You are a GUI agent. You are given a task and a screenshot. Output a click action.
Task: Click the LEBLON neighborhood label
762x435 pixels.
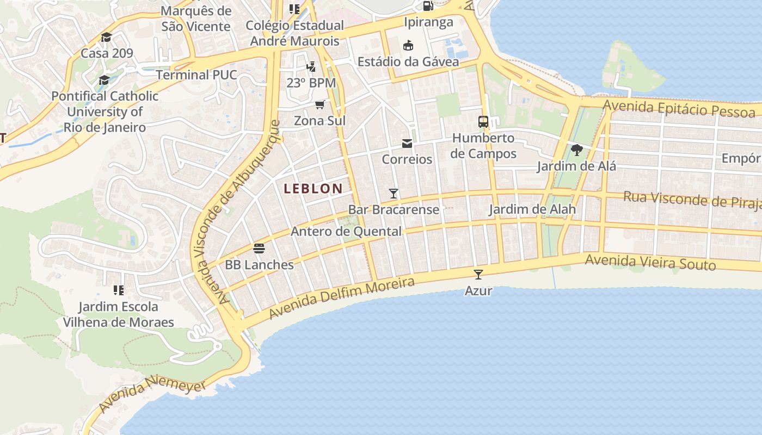pos(313,189)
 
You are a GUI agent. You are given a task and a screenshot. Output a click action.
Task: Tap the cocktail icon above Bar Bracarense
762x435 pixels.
pos(394,194)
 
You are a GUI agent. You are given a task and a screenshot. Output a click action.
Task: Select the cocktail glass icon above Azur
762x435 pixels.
pos(478,275)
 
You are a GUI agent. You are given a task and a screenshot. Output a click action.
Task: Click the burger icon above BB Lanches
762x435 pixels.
pos(259,249)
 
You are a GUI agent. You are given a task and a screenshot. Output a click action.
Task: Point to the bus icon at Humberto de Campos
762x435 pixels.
pos(483,122)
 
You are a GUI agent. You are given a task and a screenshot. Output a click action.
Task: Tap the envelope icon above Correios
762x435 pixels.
pos(407,144)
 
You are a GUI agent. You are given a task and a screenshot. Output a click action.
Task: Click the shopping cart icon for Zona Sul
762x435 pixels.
pos(320,104)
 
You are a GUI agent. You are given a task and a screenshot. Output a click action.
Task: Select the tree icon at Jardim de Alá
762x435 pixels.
pos(576,150)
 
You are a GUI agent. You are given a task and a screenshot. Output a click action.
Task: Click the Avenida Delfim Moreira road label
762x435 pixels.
pos(341,298)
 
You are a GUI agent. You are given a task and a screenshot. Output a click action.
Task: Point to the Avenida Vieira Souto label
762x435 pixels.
pos(650,263)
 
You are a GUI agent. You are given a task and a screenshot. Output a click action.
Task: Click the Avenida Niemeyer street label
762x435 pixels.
pos(152,394)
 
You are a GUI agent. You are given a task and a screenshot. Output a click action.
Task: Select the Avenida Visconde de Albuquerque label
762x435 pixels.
pos(235,212)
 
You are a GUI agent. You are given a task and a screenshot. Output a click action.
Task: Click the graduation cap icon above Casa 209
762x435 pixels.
pos(106,38)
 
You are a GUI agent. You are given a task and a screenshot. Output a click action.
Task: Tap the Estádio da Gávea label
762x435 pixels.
pos(408,62)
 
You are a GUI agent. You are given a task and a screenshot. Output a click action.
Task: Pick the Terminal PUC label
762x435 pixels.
pos(196,74)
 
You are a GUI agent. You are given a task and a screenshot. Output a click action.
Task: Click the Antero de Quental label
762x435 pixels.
pos(346,232)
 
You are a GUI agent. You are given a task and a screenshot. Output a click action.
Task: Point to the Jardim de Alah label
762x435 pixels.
pos(532,209)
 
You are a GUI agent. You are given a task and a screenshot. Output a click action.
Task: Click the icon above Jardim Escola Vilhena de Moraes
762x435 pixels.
pos(118,290)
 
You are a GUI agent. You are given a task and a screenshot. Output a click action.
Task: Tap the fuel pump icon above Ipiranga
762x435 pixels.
pos(428,6)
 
